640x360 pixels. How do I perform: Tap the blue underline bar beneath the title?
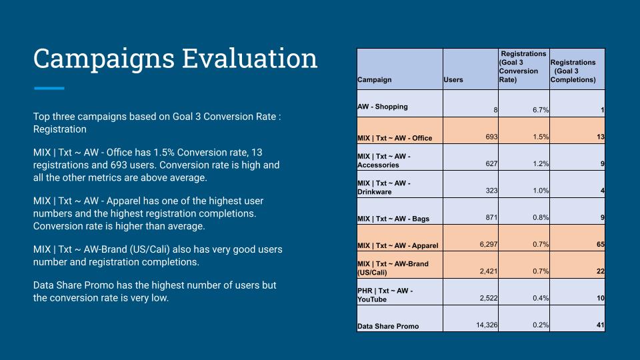click(49, 88)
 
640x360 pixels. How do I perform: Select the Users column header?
click(453, 80)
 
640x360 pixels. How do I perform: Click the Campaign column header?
click(375, 80)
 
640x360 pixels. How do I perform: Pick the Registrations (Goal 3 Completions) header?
click(573, 71)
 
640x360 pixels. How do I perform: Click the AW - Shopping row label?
click(383, 106)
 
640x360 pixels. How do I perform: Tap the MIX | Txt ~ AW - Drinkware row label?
click(384, 187)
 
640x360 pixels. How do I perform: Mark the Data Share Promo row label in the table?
click(388, 326)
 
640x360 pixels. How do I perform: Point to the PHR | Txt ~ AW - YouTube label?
click(385, 295)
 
